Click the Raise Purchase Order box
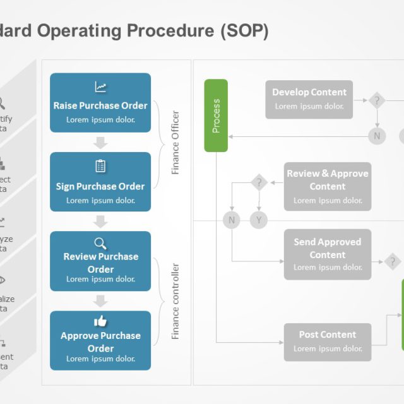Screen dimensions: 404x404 [x=100, y=103]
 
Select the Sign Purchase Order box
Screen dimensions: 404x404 [x=100, y=182]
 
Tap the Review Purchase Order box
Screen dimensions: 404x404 [x=100, y=261]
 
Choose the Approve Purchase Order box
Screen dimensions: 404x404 [x=100, y=341]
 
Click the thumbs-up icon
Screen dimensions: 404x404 [x=100, y=321]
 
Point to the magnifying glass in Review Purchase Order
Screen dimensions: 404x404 [x=100, y=244]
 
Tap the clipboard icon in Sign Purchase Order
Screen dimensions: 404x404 [x=100, y=166]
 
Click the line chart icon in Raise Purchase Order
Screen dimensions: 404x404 [x=100, y=87]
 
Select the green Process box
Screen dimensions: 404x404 [x=216, y=116]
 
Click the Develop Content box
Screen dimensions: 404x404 [x=309, y=99]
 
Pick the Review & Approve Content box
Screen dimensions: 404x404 [x=327, y=186]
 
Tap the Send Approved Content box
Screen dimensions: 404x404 [x=327, y=254]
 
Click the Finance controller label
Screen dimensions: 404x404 [x=175, y=301]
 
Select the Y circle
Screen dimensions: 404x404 [x=258, y=220]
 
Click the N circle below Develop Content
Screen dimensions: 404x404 [x=377, y=135]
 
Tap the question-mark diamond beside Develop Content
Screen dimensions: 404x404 [x=377, y=100]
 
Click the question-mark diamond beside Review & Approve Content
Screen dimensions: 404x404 [x=259, y=183]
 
